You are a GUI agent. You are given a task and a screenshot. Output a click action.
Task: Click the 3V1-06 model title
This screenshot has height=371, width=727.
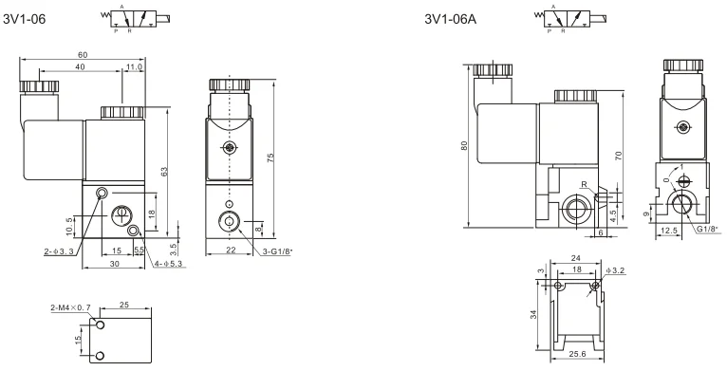pyautogui.click(x=25, y=19)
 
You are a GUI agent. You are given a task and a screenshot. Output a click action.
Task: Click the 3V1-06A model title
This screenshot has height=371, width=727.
pyautogui.click(x=451, y=19)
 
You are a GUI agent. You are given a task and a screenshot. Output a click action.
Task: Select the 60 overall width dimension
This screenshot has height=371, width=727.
pyautogui.click(x=83, y=55)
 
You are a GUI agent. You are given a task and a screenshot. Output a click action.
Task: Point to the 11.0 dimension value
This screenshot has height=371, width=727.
pyautogui.click(x=134, y=66)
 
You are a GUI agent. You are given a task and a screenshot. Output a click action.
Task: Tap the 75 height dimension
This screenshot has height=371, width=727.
pyautogui.click(x=270, y=158)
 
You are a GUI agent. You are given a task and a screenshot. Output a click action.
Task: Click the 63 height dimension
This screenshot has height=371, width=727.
pyautogui.click(x=163, y=172)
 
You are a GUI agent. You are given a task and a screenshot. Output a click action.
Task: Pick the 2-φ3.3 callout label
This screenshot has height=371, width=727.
pyautogui.click(x=59, y=251)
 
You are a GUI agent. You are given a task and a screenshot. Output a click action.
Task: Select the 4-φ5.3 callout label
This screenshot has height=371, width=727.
pyautogui.click(x=169, y=264)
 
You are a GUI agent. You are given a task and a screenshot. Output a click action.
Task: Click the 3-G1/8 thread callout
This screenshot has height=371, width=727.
pyautogui.click(x=278, y=251)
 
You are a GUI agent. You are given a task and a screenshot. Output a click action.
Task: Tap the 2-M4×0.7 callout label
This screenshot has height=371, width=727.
pyautogui.click(x=70, y=307)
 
